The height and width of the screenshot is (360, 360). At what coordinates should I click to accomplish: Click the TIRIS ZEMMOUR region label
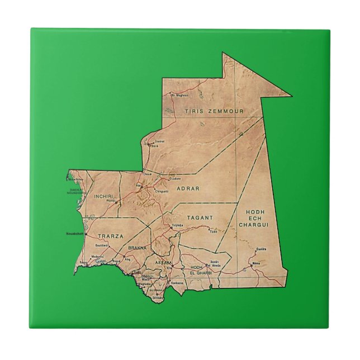[214, 111]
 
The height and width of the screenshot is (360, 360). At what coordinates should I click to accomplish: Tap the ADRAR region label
[188, 188]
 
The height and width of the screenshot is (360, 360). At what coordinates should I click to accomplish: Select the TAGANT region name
[201, 217]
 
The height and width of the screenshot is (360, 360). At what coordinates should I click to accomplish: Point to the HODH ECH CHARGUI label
[254, 218]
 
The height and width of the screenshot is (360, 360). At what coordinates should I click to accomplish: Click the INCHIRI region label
[105, 197]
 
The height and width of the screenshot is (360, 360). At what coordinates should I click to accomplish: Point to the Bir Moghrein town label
[179, 95]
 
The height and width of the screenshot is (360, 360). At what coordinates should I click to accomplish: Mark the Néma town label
[257, 263]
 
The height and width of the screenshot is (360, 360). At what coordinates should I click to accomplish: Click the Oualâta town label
[260, 249]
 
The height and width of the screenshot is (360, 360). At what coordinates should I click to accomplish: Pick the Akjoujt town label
[110, 201]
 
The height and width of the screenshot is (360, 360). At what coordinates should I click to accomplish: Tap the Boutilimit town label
[102, 246]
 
